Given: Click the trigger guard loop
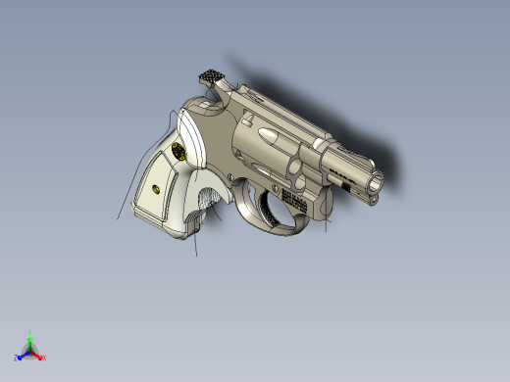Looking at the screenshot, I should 267,217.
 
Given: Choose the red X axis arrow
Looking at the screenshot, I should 38,356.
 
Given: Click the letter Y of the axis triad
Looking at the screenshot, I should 30,331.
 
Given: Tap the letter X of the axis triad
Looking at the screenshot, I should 44,358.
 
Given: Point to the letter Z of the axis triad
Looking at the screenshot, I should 16,358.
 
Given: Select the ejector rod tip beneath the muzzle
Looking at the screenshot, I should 373,198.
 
